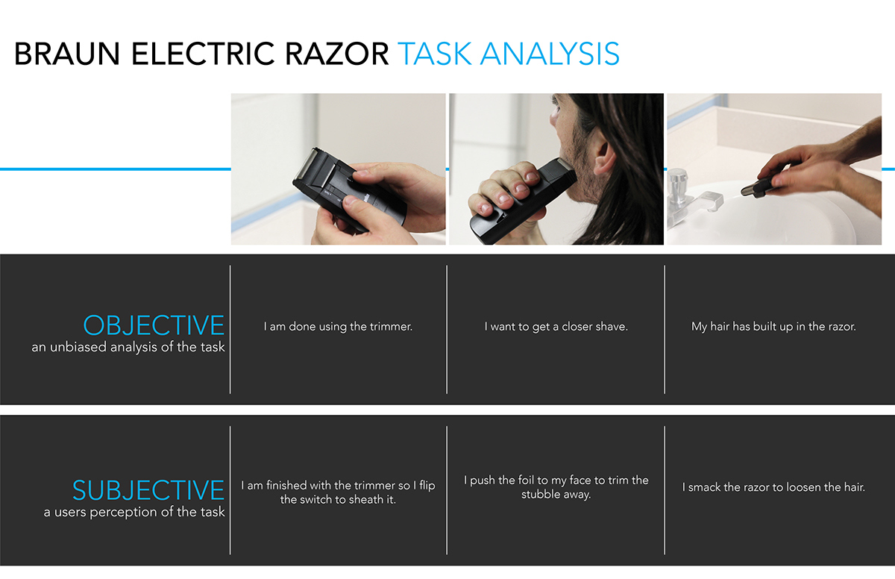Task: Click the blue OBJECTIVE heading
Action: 153,326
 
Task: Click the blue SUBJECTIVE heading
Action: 148,490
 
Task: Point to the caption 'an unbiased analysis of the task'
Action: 128,347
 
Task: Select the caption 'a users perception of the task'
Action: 134,512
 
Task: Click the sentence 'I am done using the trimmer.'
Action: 338,327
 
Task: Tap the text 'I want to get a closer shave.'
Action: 556,327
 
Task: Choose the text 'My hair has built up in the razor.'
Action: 773,327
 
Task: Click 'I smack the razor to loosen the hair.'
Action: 773,487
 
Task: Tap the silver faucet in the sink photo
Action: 678,193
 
